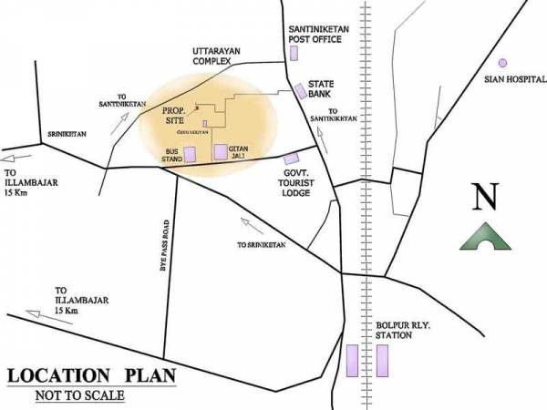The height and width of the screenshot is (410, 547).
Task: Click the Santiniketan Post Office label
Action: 315,34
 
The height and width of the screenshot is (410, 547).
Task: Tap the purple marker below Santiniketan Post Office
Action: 294,52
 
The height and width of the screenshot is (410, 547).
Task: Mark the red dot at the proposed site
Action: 196,107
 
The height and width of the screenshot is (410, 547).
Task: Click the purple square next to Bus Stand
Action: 191,154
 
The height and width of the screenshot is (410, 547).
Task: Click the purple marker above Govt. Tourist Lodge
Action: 291,159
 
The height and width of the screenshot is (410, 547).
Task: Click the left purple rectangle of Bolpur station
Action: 352,361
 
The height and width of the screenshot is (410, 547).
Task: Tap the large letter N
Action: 484,198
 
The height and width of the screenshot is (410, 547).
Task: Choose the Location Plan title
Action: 91,376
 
